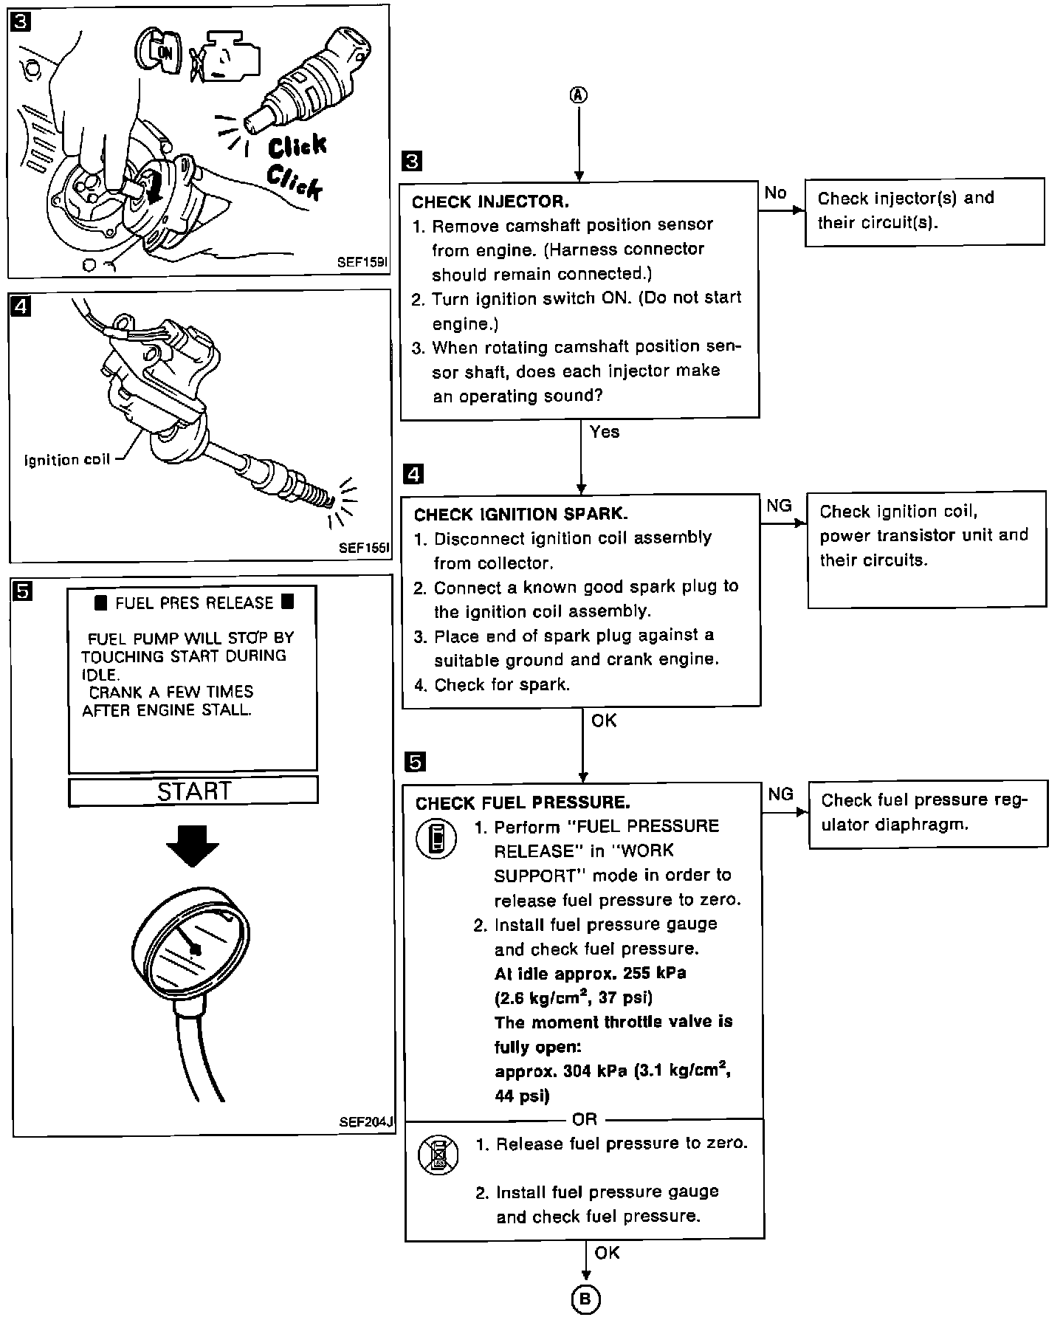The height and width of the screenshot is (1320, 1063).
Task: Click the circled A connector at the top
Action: pos(579,94)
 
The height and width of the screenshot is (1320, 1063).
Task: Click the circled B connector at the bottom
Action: pos(585,1300)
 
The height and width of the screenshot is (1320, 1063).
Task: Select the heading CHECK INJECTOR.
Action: pos(490,202)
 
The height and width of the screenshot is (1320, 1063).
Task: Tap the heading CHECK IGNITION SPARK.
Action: pos(520,515)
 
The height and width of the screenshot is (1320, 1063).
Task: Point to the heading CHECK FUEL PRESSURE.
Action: pos(523,802)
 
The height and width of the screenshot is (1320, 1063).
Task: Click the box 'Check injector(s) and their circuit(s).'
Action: pos(923,210)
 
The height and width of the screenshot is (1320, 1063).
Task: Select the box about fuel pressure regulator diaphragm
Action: pos(928,813)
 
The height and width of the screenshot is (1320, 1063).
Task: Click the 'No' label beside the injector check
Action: pos(776,193)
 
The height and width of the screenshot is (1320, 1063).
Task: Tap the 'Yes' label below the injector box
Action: pos(605,432)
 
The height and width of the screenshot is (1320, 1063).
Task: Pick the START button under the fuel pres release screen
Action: pos(193,791)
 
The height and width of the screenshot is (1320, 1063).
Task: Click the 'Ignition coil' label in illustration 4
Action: pos(67,460)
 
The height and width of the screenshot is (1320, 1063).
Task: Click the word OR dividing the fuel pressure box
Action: pos(584,1120)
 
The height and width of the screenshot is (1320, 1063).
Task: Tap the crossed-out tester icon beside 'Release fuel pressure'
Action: pos(438,1155)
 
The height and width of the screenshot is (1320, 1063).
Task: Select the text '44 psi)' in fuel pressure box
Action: pos(522,1096)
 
